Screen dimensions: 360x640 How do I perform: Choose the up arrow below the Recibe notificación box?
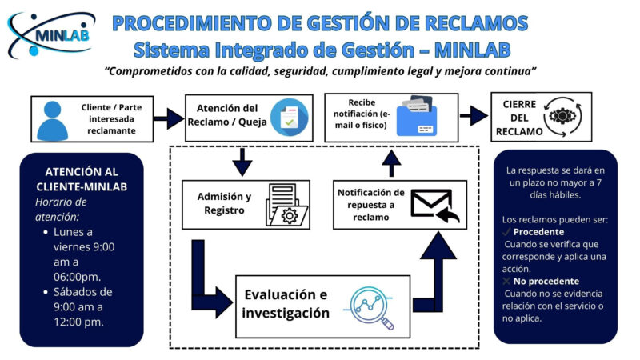390,163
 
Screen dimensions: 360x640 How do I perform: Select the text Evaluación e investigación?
286,304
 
